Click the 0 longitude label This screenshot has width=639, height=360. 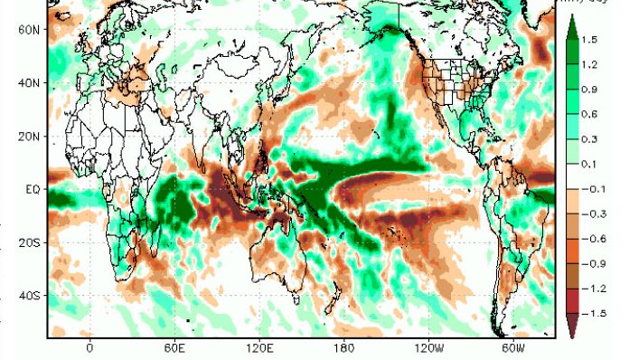[89, 347]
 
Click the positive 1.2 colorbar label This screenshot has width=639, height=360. [589, 64]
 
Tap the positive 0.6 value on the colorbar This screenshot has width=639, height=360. [589, 114]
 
